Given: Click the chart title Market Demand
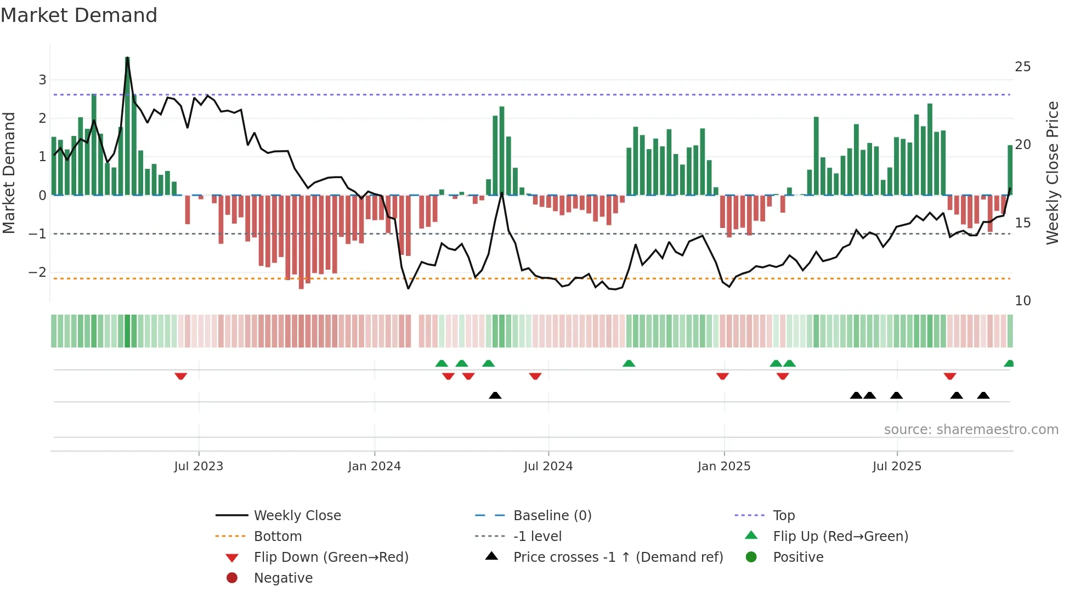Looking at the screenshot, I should coord(79,15).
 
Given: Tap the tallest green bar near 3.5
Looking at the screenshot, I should coord(127,126).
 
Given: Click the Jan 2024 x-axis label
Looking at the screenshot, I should coord(374,466).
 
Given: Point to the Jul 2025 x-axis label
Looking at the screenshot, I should coord(897,466).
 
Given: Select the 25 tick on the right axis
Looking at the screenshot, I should coord(1022,67).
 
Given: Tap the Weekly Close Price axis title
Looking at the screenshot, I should coord(1052,173).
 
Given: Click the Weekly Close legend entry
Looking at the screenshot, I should coord(297,516).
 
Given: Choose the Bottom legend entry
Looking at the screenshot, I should coord(278,537).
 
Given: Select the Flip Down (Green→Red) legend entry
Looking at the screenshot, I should coord(331,557).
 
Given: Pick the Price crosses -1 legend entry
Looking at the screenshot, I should coord(618,557).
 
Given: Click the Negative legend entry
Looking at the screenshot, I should coord(283,578).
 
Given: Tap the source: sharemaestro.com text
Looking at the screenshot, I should coord(971,430).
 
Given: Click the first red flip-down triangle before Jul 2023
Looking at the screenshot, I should coord(180,376).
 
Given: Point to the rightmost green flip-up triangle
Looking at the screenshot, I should coord(1009,363).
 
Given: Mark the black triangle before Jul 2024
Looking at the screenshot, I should coord(495,395).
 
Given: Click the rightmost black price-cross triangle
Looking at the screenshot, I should coord(983,395).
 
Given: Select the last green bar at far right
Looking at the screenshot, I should coord(1010,170).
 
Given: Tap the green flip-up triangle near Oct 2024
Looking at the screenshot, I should coord(629,363).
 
